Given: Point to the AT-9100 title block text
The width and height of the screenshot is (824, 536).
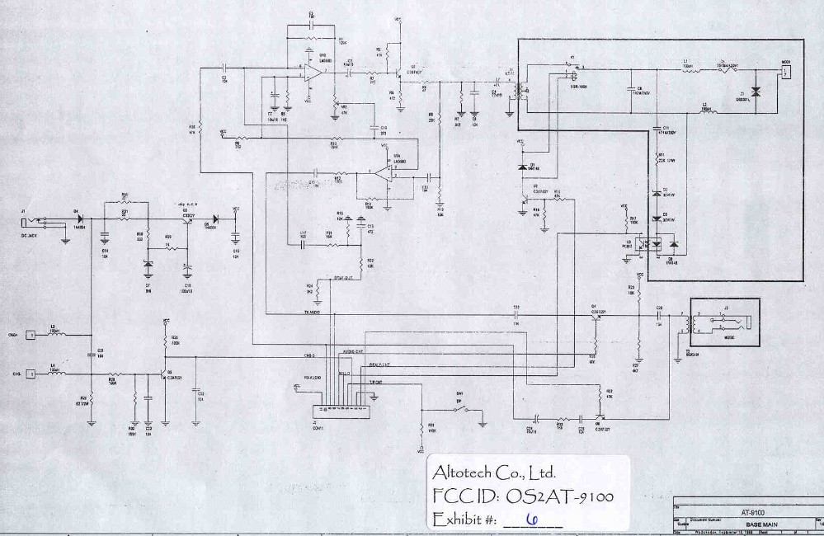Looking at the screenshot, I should [x=751, y=512].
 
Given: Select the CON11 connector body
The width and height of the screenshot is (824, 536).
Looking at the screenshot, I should [x=340, y=410].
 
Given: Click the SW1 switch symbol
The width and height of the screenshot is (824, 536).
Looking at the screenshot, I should [x=465, y=409].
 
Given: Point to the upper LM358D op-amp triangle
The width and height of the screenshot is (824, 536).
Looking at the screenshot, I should [x=312, y=73].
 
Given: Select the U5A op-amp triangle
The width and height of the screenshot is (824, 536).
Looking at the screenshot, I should [x=380, y=172].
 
